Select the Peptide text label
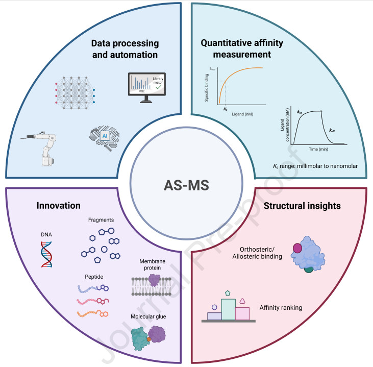click(95, 276)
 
